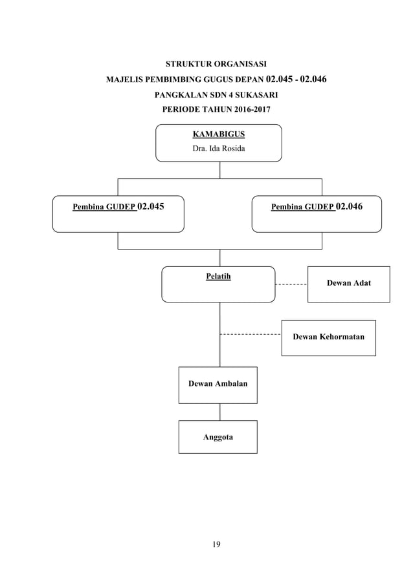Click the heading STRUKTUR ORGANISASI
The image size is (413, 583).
pos(216,64)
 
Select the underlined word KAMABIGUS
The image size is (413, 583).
pos(219,134)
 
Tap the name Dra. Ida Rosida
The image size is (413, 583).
pos(219,149)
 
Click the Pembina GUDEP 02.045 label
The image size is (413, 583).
pos(118,207)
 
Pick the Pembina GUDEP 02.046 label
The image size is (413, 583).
pos(317,207)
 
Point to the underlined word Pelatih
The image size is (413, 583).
pos(218,277)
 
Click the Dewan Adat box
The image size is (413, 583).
pos(348,284)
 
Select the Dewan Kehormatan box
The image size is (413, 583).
pos(328,337)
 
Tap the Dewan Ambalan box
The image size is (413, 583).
pos(218,385)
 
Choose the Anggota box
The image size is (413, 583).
pos(218,437)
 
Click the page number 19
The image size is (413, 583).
pos(216,544)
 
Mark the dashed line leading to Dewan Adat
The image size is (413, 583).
pos(291,284)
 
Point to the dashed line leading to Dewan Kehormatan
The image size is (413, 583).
pos(251,334)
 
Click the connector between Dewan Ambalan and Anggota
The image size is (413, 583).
pos(219,412)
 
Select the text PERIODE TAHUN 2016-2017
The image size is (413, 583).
pos(216,109)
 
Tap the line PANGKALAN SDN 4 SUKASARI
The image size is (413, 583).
pos(216,94)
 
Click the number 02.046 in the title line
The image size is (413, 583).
pos(309,79)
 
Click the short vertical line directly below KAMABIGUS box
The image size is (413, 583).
pos(219,169)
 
